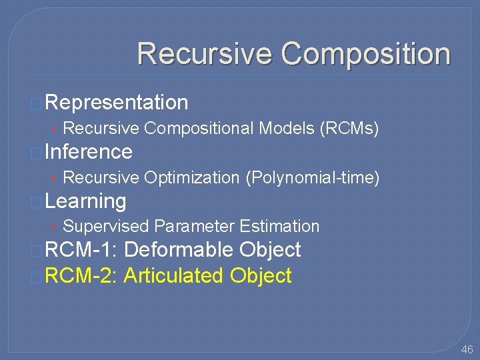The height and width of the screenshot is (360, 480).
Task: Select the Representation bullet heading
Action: tap(117, 103)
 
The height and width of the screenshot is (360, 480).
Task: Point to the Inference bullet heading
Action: tap(89, 152)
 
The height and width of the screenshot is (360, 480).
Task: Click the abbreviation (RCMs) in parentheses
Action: tap(350, 128)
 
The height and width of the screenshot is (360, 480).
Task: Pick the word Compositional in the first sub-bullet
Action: tap(199, 128)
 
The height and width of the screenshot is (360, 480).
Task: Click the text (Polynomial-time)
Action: tap(313, 177)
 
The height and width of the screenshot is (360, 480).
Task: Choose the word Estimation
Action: tap(279, 227)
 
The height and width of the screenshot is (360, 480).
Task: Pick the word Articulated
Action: tap(174, 276)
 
